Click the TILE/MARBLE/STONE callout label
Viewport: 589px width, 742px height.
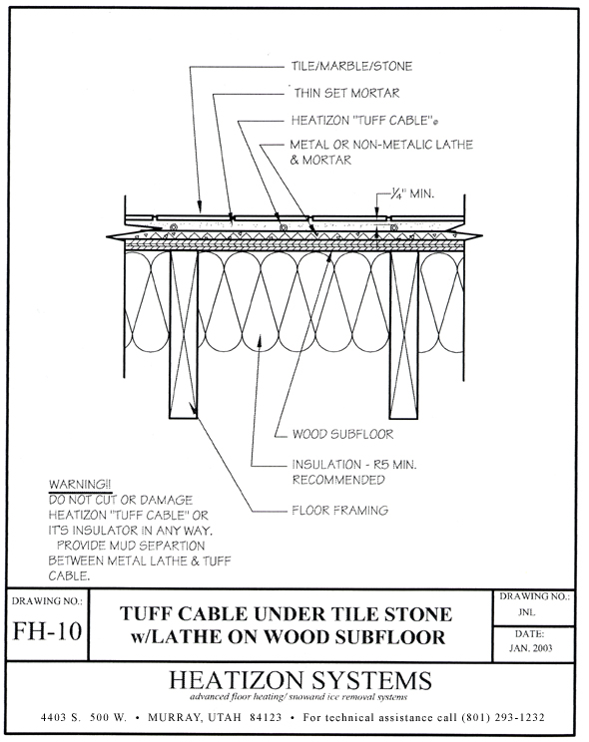[351, 66]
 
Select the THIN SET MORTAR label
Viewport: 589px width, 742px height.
[346, 93]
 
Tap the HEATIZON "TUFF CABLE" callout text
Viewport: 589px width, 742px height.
[364, 121]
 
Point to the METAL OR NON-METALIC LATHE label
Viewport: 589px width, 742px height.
[381, 145]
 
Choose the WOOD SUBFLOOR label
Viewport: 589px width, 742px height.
[342, 434]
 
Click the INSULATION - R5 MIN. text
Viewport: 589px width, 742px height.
[354, 464]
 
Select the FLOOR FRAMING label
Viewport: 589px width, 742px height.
[340, 511]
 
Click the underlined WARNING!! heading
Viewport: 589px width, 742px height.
[80, 485]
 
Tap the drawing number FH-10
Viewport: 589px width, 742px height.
[47, 630]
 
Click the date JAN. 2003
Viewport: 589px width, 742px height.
[531, 648]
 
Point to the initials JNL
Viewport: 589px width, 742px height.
[526, 612]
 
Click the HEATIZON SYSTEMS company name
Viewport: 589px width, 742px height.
[300, 680]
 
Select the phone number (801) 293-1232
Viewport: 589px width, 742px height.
[503, 718]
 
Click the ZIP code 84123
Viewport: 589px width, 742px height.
[266, 718]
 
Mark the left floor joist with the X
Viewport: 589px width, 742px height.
[184, 334]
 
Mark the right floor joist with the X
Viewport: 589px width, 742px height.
[404, 334]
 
